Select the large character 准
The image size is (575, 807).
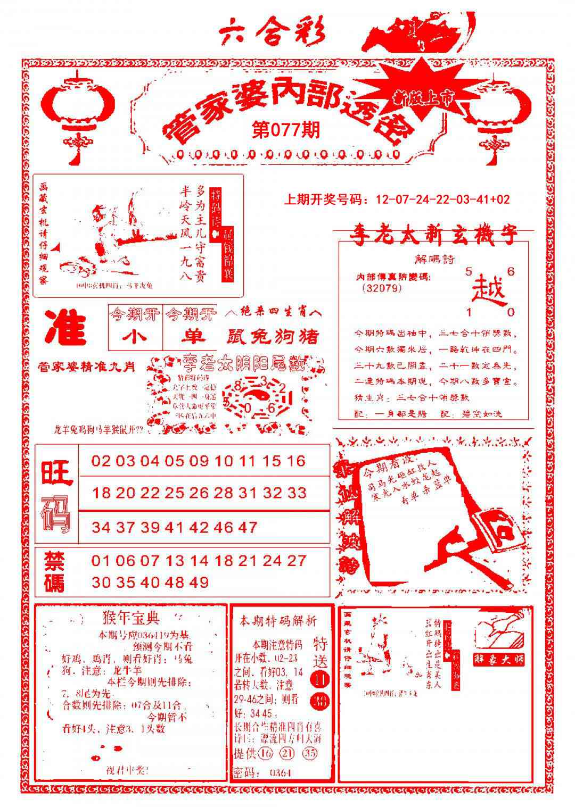(65, 328)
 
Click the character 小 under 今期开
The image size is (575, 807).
(135, 336)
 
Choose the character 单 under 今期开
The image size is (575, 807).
(191, 337)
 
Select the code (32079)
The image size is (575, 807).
(381, 288)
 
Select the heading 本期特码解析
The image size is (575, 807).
(277, 620)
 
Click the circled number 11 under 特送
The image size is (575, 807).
(321, 679)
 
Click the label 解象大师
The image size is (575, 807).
(498, 659)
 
